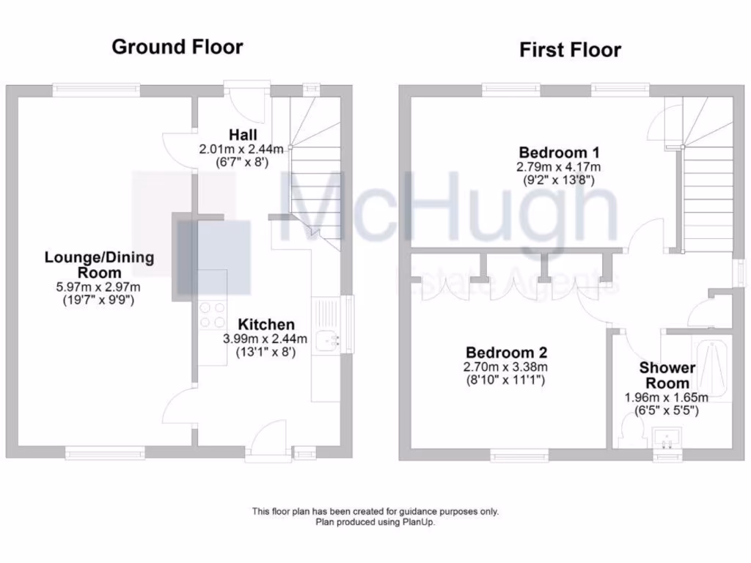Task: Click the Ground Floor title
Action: [177, 47]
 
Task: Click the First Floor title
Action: [570, 50]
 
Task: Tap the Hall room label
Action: [243, 134]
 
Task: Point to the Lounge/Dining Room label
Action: [100, 264]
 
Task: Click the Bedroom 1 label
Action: [557, 152]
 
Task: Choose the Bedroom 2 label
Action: [506, 352]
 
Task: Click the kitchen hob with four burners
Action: [212, 315]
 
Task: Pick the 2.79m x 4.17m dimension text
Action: [557, 166]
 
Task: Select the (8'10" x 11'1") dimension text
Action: [506, 380]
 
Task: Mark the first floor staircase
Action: [708, 183]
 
